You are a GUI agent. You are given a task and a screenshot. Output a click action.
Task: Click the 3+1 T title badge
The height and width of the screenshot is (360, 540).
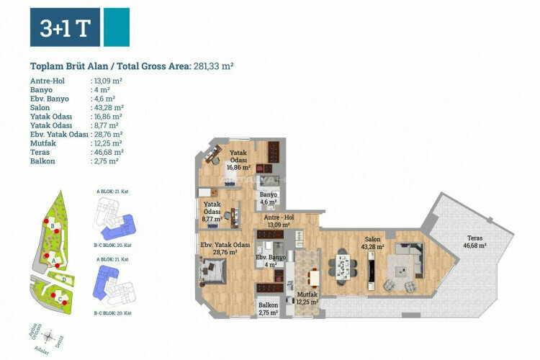click(64, 27)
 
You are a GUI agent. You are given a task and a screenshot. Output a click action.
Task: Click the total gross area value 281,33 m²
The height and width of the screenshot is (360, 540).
click(214, 66)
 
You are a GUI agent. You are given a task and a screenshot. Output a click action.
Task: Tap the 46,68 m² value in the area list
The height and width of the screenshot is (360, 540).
click(108, 152)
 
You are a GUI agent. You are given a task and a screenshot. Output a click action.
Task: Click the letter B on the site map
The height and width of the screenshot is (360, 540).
click(53, 225)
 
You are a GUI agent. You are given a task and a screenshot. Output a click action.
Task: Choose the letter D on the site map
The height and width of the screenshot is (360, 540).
click(64, 279)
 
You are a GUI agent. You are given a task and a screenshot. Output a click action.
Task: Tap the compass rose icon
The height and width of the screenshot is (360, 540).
click(48, 336)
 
